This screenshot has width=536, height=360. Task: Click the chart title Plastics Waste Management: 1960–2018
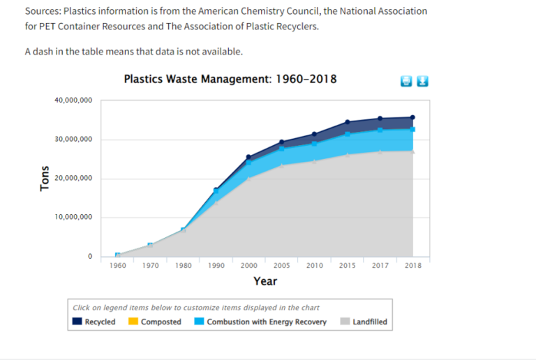[x=230, y=79]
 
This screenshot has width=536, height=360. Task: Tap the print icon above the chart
[x=407, y=81]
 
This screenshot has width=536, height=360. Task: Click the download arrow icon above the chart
[x=422, y=81]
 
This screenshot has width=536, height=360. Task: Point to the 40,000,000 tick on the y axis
[x=73, y=100]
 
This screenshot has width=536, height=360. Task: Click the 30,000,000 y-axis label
[x=73, y=140]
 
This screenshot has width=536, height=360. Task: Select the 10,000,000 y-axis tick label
[x=73, y=218]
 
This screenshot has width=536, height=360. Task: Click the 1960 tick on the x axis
[x=118, y=266]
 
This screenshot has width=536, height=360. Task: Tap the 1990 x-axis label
[x=216, y=266]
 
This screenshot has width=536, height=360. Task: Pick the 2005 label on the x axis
[x=282, y=266]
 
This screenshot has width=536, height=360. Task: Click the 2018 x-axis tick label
[x=412, y=266]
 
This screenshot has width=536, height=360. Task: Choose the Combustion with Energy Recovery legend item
[x=261, y=322]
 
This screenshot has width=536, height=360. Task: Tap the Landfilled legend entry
[x=364, y=322]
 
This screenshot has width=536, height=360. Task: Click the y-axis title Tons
[x=45, y=179]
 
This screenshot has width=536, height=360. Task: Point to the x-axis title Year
[x=265, y=281]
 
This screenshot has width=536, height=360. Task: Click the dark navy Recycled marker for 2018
[x=412, y=118]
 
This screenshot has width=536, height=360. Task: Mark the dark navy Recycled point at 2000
[x=249, y=157]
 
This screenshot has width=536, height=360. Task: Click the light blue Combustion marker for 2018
[x=412, y=129]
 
